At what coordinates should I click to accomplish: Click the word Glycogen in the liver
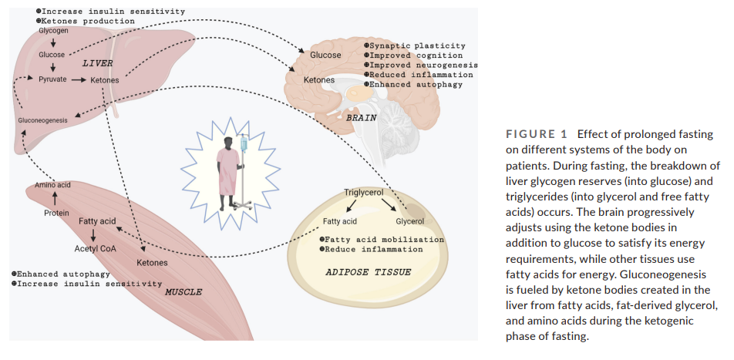click(x=53, y=31)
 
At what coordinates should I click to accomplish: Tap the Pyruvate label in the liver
click(x=52, y=79)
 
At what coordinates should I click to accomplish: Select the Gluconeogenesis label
click(x=42, y=120)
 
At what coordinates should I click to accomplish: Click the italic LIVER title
click(x=97, y=62)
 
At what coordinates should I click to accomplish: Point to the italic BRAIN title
click(x=361, y=118)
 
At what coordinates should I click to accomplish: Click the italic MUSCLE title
click(x=183, y=292)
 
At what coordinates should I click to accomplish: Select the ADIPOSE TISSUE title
click(x=368, y=272)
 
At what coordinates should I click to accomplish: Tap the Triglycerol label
click(x=364, y=193)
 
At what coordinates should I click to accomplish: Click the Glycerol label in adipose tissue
click(x=410, y=221)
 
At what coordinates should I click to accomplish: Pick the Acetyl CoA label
click(x=95, y=248)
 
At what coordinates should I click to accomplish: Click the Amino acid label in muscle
click(x=53, y=185)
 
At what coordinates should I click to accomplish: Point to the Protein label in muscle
click(x=56, y=213)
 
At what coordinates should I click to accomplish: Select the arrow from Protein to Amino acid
click(x=55, y=198)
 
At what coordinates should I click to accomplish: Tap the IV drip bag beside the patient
click(x=244, y=143)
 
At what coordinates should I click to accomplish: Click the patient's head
click(x=227, y=141)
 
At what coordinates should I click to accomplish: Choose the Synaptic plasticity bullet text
click(x=415, y=46)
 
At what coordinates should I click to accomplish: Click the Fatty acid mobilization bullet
click(x=382, y=240)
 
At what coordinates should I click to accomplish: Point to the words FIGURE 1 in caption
click(x=537, y=135)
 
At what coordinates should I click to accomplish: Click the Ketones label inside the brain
click(x=319, y=80)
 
